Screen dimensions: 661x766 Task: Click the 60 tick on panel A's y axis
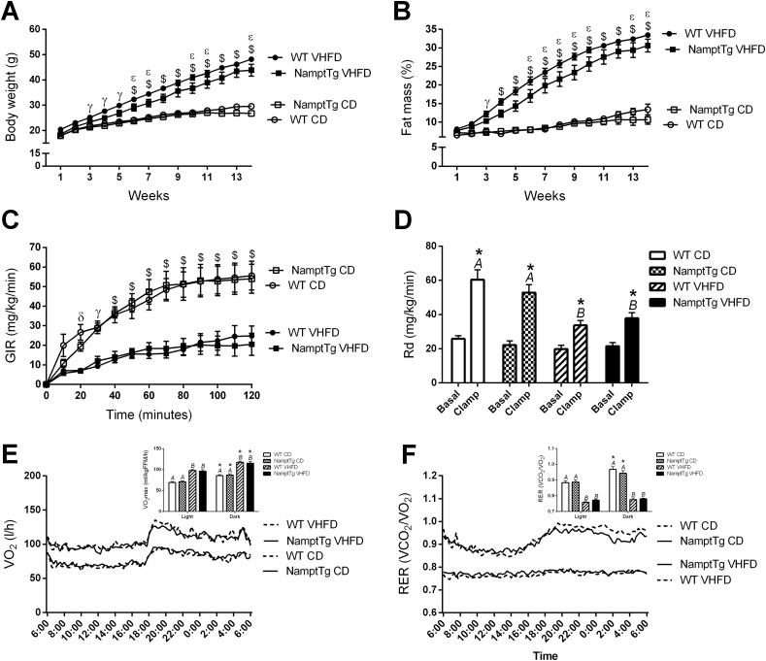[x=37, y=29]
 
